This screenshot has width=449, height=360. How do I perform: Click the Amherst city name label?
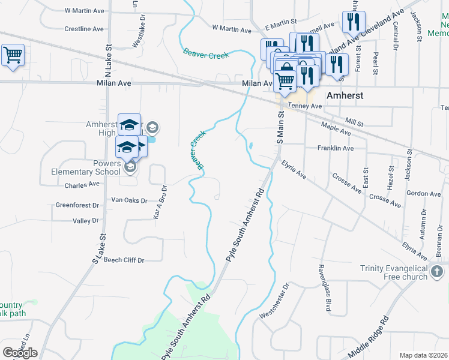tap(345, 95)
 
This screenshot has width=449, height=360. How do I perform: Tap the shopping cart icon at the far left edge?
tap(13, 55)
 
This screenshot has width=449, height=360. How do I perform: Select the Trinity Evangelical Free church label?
tap(394, 272)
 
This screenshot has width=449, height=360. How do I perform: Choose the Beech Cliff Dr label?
tap(124, 260)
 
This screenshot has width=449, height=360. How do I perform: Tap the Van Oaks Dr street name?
tap(130, 200)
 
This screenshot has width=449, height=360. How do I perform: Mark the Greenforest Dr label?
tap(77, 205)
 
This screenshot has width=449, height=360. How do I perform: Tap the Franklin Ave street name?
tap(335, 148)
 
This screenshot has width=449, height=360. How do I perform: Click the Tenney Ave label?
tap(305, 106)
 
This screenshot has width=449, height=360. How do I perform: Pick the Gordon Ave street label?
tap(423, 193)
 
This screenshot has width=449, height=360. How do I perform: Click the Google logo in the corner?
tap(20, 352)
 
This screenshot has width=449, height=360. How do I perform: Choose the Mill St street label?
tap(355, 122)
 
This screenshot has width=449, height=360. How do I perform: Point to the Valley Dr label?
tap(85, 221)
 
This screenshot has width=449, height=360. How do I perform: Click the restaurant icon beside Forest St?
tap(351, 22)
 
